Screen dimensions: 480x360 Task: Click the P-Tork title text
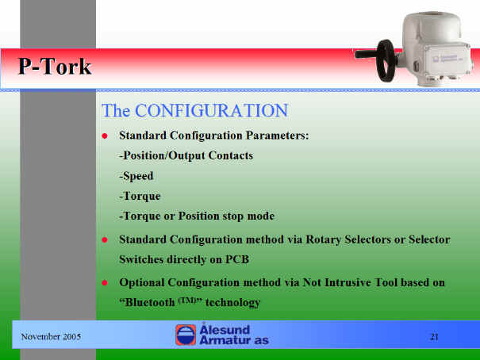[55, 66]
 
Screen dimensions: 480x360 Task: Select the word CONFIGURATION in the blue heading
[211, 110]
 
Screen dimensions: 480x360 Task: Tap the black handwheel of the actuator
[386, 61]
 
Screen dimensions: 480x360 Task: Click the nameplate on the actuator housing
[447, 59]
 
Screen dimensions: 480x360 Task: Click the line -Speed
[136, 176]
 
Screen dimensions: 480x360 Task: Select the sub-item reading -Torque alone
[140, 197]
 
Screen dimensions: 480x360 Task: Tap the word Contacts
[231, 155]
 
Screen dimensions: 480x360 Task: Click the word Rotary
[323, 239]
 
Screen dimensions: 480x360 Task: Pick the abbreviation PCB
[237, 259]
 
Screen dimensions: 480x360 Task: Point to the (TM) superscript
[187, 300]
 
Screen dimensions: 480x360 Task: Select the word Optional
[142, 282]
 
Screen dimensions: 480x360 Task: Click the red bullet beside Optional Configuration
[105, 282]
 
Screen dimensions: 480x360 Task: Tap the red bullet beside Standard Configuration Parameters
[105, 136]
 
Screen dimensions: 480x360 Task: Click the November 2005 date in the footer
[51, 337]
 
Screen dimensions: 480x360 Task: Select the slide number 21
[435, 337]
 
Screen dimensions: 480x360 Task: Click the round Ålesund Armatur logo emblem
[186, 335]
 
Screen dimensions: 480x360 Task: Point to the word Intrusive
[348, 282]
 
